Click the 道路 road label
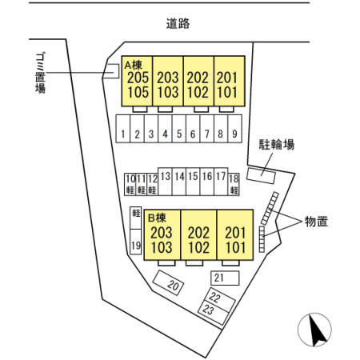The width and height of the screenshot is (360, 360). [178, 23]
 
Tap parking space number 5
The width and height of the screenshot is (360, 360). [179, 129]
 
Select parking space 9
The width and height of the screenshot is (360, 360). [234, 129]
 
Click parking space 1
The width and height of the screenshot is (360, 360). [123, 129]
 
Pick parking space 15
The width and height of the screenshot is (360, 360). [193, 182]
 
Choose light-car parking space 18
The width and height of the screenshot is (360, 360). [234, 184]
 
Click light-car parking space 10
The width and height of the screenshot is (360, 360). [130, 184]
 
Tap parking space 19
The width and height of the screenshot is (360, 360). [135, 242]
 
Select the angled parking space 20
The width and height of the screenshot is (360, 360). [168, 282]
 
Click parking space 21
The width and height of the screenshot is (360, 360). [225, 278]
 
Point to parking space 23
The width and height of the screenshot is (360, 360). [213, 313]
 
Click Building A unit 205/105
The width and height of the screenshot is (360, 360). [137, 81]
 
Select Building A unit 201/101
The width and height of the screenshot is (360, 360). [230, 81]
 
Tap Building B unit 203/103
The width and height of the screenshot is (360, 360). [162, 235]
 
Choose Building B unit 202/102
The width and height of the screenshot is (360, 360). [198, 235]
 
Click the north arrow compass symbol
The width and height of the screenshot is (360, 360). [314, 330]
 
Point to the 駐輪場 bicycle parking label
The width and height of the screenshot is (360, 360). [277, 145]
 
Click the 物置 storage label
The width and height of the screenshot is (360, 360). [316, 222]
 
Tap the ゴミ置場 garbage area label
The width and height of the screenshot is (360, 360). [40, 73]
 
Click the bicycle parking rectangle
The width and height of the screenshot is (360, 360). [261, 174]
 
